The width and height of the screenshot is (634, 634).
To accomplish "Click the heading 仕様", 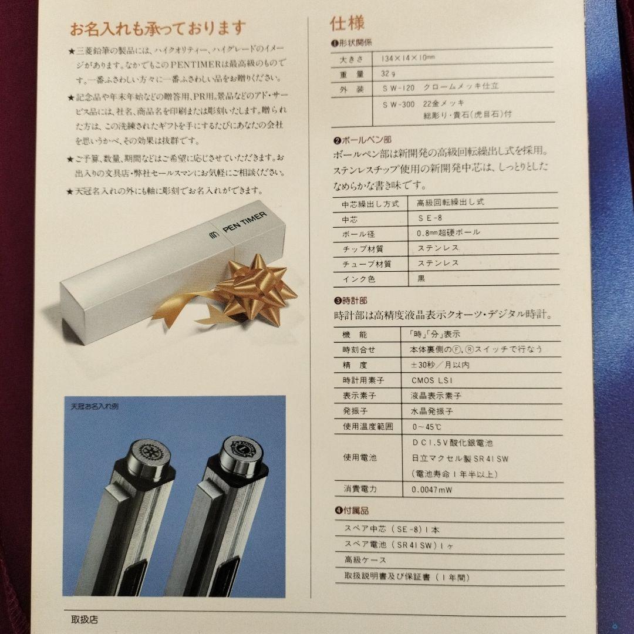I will pos(348,23).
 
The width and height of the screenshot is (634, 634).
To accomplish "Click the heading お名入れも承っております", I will pos(158,28).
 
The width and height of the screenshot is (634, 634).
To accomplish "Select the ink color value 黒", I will pos(421,279).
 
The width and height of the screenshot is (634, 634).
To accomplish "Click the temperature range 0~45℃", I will pos(428,426).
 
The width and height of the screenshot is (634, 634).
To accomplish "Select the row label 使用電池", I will pos(359,457).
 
